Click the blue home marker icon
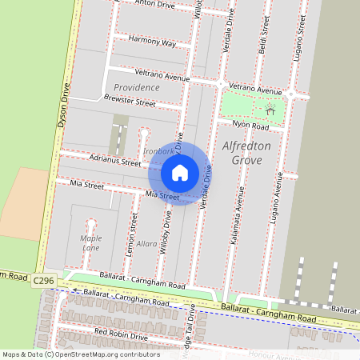(180, 172)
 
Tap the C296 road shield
(43, 281)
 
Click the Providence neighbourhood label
(136, 86)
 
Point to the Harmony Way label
(151, 42)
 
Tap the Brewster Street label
(130, 102)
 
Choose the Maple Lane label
(90, 243)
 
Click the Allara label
(147, 243)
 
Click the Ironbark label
(158, 150)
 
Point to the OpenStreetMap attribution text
(80, 354)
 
